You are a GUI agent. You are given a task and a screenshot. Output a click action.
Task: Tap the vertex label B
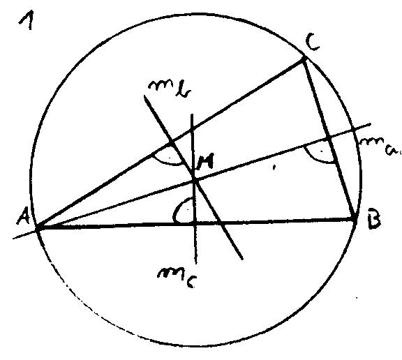pos(374,218)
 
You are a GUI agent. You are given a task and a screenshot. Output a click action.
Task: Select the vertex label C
pos(312,43)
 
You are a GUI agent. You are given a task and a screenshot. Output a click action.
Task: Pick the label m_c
pos(177,278)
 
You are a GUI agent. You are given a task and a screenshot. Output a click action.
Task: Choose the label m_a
pos(380,145)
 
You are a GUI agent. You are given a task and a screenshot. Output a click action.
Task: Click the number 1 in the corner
pos(27,22)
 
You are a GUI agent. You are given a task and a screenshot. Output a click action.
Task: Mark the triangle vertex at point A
pos(38,227)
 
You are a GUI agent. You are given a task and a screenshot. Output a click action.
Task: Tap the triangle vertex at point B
pos(355,219)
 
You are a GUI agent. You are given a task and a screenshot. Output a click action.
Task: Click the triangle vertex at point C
pos(304,59)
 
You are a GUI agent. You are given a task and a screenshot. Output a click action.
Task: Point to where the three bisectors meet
pos(195,181)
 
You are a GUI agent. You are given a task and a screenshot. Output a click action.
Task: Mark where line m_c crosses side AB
pos(195,224)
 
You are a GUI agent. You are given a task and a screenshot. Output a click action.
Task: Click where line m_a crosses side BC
pos(329,139)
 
